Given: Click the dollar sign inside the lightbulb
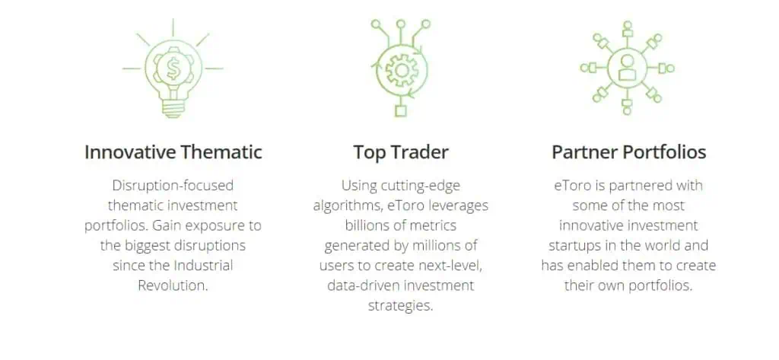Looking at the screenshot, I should click(x=173, y=69).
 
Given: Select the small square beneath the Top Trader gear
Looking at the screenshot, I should click(x=400, y=111).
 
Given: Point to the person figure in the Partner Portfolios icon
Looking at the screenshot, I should click(x=627, y=67).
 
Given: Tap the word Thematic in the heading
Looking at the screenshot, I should click(x=221, y=152).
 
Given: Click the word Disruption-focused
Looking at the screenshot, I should click(x=173, y=186).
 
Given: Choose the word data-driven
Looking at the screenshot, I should click(x=363, y=285).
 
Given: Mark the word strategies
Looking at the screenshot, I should click(x=400, y=305).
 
